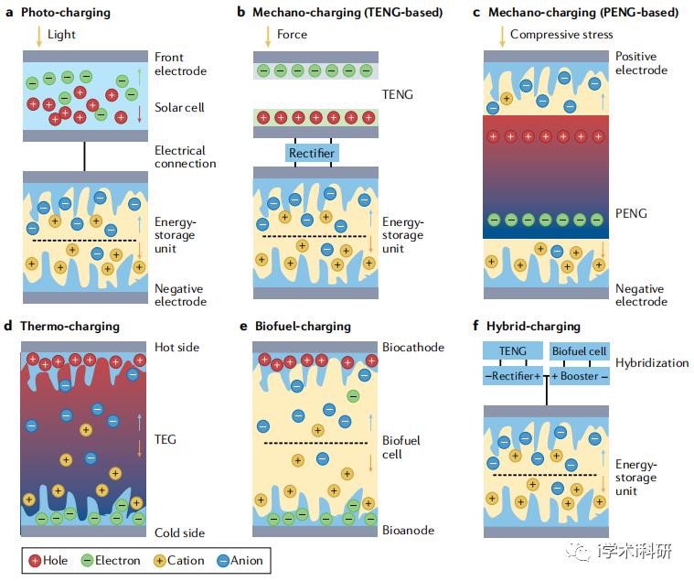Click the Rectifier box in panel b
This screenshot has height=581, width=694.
pos(312,153)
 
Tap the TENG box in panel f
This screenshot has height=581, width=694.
pos(513,350)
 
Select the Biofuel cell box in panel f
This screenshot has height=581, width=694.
pos(580,350)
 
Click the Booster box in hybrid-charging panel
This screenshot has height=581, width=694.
pos(580,376)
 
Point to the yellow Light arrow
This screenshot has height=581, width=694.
pos(39,37)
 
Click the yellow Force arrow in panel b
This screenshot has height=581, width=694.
pos(268,37)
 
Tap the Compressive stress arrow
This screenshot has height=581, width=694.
pos(502,37)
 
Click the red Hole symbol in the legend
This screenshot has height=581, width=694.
pos(35,561)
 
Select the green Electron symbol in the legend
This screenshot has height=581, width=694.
pos(87,561)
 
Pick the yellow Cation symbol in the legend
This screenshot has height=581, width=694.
pos(159,561)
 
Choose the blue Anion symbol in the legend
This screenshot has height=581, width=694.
pos(222,561)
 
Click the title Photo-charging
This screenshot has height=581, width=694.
pos(66,13)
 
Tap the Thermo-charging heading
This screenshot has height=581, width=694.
pos(69,327)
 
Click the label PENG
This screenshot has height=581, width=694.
pos(631,213)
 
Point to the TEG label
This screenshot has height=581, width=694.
pos(165,439)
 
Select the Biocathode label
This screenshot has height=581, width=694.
pos(413,347)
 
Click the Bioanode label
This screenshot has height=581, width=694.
pos(408,530)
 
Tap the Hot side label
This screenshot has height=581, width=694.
pos(177,347)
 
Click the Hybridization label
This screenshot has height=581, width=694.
pos(652,363)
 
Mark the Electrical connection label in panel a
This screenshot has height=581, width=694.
pos(186,156)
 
